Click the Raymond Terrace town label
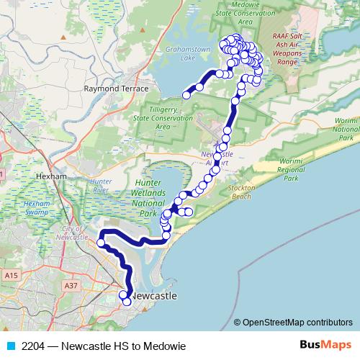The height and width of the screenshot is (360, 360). (x=116, y=89)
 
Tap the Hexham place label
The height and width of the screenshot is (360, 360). (x=50, y=176)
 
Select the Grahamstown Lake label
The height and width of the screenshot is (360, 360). (x=180, y=55)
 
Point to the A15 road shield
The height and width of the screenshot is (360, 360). (x=11, y=276)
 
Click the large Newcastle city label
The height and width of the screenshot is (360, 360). (x=154, y=296)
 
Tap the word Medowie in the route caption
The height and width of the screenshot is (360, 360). (x=166, y=346)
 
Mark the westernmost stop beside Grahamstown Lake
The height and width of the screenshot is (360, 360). (x=186, y=94)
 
